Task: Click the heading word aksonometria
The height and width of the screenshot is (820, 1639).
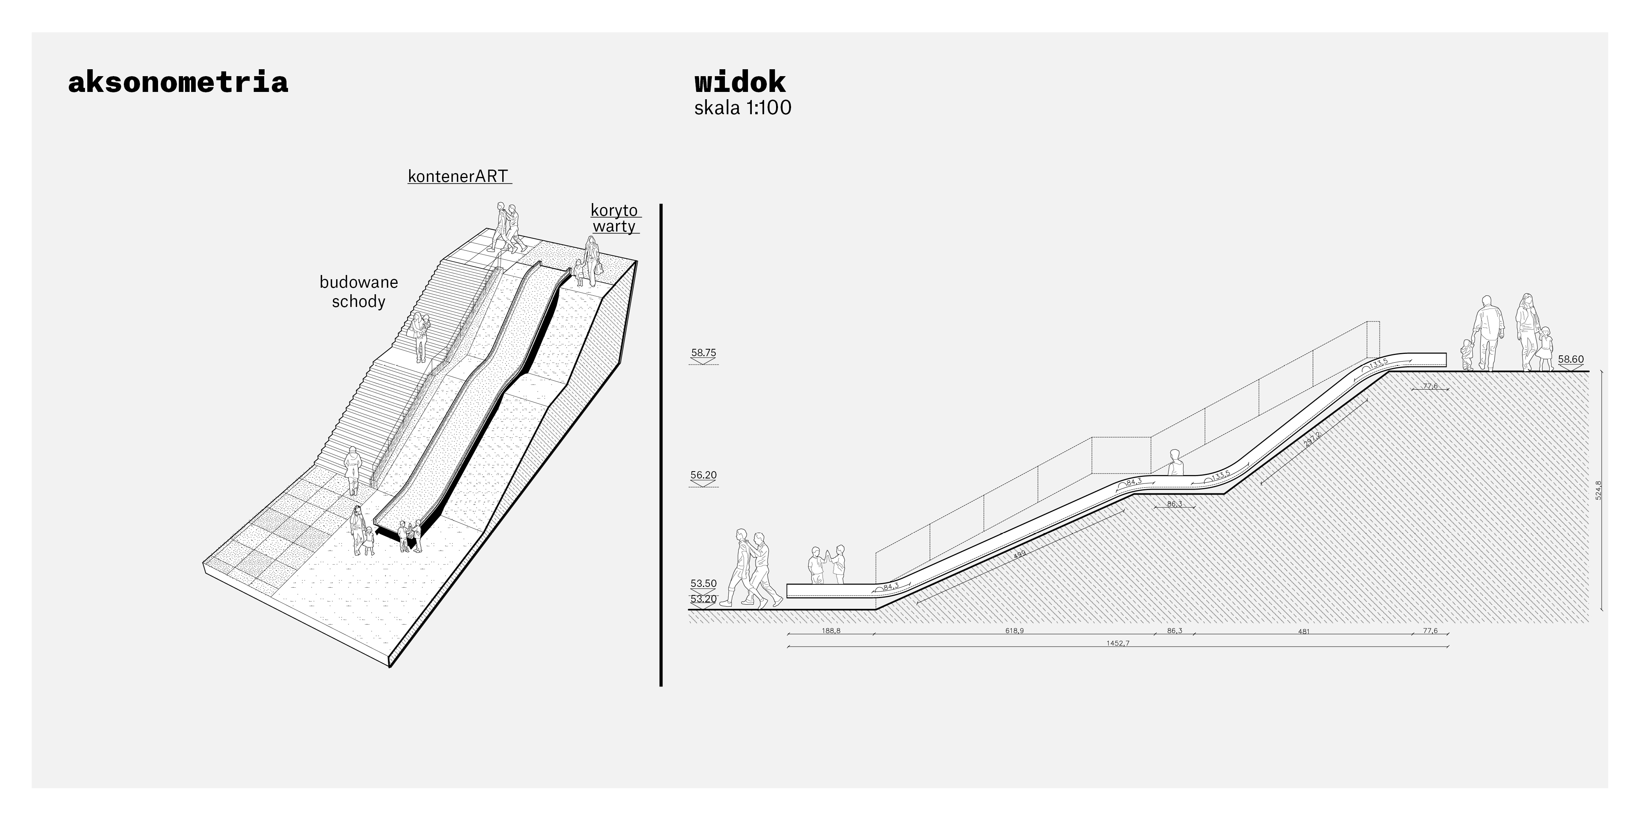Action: [178, 83]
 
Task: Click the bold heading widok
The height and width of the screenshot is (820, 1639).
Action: [740, 83]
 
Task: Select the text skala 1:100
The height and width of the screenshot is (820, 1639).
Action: [743, 108]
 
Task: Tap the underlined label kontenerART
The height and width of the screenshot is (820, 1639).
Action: [458, 176]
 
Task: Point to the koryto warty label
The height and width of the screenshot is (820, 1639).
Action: [615, 218]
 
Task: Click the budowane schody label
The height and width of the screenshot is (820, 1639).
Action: [359, 292]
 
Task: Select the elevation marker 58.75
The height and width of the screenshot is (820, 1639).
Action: [704, 353]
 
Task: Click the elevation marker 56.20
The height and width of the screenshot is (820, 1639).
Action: [704, 475]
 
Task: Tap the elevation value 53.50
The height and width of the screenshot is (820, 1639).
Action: [704, 583]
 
